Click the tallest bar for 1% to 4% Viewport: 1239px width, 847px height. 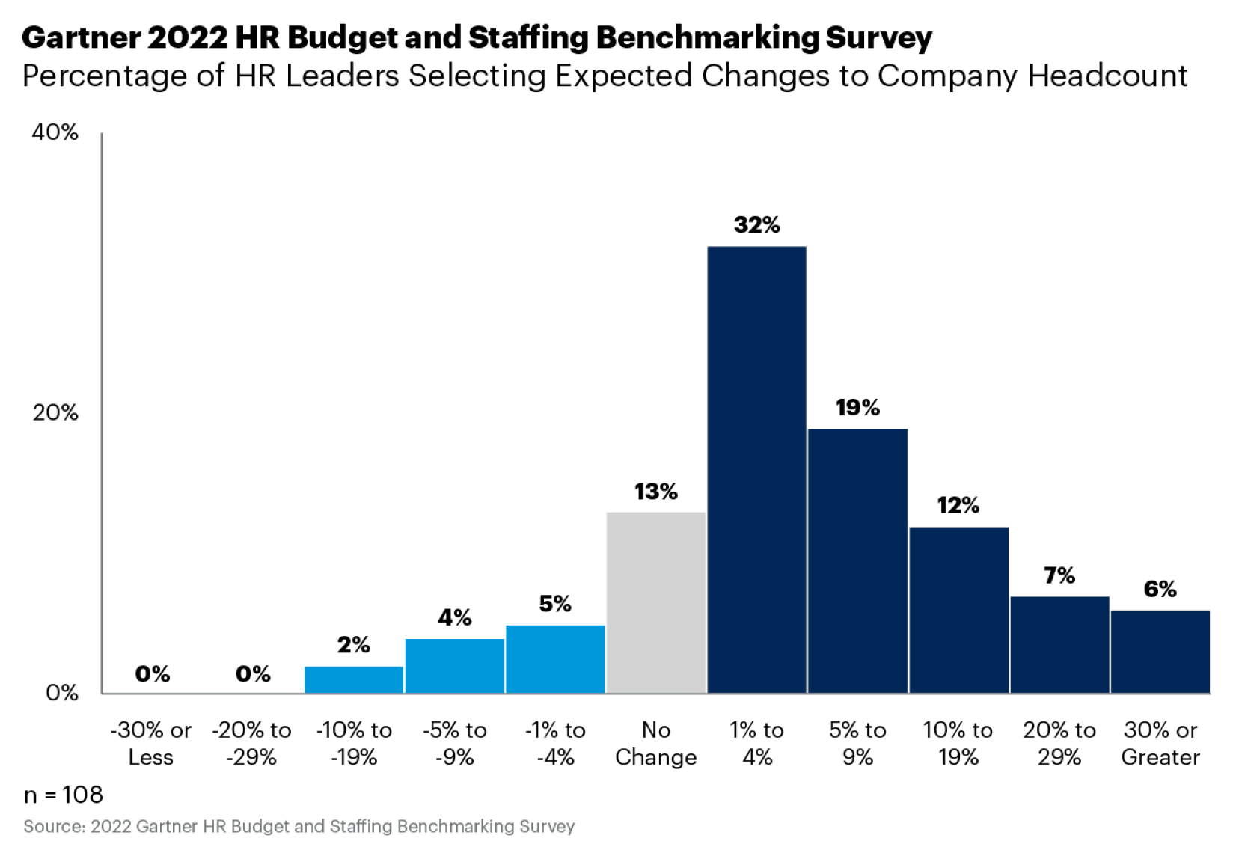pyautogui.click(x=756, y=469)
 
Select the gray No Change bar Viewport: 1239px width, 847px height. pyautogui.click(x=655, y=602)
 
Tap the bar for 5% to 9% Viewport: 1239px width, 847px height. pyautogui.click(x=857, y=560)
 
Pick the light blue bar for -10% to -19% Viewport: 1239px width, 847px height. pyautogui.click(x=354, y=679)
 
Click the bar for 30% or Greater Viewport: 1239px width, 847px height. pyautogui.click(x=1160, y=651)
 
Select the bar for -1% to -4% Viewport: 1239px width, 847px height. pyautogui.click(x=555, y=658)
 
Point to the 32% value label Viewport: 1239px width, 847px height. pyautogui.click(x=756, y=224)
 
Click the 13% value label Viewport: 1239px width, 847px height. pyautogui.click(x=655, y=492)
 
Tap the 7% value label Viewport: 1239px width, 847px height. pyautogui.click(x=1059, y=575)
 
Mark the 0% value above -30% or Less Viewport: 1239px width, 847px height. pyautogui.click(x=152, y=674)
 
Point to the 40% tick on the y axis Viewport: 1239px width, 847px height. pyautogui.click(x=55, y=132)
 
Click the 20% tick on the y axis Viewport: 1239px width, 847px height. pyautogui.click(x=55, y=412)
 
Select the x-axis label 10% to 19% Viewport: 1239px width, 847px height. pyautogui.click(x=958, y=743)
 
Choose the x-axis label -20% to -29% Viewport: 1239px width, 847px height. pyautogui.click(x=251, y=743)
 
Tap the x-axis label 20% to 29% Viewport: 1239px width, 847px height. pyautogui.click(x=1059, y=743)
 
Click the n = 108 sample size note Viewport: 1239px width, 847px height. pyautogui.click(x=64, y=795)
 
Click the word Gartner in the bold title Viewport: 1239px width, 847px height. pyautogui.click(x=80, y=37)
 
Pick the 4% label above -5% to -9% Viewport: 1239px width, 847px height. pyautogui.click(x=454, y=617)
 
